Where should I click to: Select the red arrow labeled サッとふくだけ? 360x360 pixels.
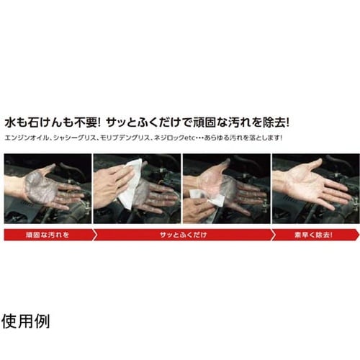[180, 234]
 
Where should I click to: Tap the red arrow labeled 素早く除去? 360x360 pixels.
[313, 234]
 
